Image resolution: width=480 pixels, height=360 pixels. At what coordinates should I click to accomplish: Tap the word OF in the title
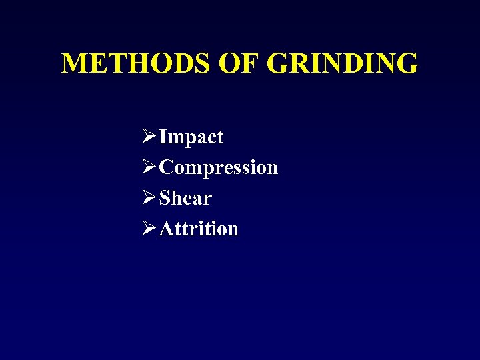point(238,64)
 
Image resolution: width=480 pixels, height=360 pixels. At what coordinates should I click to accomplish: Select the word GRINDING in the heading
point(343,64)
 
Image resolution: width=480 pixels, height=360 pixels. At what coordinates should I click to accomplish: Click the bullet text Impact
point(191,137)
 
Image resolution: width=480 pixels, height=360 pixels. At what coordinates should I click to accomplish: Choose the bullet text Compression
point(219,167)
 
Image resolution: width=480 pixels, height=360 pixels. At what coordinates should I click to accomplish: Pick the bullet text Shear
point(185,198)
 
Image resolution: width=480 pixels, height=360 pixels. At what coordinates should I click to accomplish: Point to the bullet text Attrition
point(199,229)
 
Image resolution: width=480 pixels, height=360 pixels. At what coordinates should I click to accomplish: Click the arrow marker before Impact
point(149,137)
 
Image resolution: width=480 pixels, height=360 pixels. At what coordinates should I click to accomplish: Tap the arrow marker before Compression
point(149,167)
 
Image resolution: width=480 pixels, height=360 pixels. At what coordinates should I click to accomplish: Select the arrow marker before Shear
point(149,198)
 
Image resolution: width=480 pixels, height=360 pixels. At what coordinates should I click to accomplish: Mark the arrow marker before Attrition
point(149,229)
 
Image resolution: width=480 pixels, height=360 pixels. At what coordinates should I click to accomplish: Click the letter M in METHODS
point(74,64)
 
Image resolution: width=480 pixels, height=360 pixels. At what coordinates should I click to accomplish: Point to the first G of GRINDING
point(279,64)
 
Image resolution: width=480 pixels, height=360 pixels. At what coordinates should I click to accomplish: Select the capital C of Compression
point(167,167)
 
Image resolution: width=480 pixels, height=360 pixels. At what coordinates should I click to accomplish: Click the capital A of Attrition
point(167,229)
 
